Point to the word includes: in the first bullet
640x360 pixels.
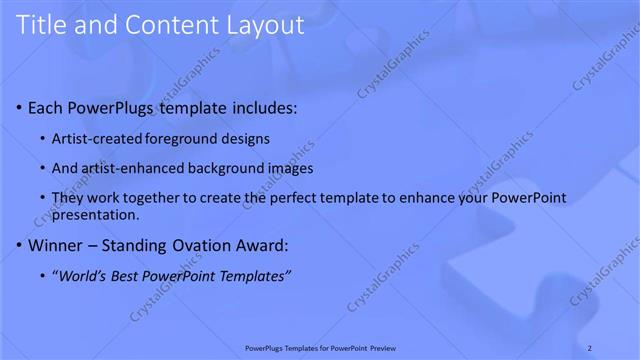point(263,107)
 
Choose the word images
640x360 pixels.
point(291,168)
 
